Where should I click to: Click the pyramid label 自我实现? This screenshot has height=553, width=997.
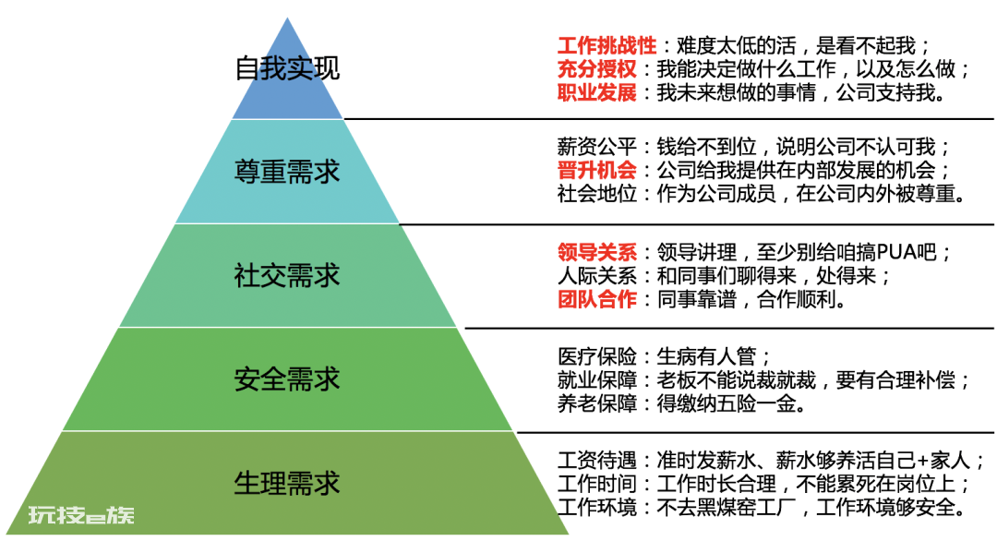287,68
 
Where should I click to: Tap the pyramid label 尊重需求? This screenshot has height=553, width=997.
287,172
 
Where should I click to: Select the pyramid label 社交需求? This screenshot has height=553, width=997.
287,276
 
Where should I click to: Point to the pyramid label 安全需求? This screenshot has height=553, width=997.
287,379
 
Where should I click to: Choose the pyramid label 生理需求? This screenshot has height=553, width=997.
287,484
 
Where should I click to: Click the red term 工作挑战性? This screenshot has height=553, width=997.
607,46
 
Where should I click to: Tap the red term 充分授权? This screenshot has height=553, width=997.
597,68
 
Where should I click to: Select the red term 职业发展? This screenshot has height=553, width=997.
597,93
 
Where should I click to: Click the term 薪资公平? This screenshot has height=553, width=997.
597,147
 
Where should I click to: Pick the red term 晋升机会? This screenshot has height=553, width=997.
597,171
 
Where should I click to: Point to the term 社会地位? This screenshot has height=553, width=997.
597,193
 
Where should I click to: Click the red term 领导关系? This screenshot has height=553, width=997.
597,252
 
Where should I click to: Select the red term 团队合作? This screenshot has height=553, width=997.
597,299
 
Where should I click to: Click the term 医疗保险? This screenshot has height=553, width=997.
597,356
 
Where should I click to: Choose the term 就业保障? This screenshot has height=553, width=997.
597,380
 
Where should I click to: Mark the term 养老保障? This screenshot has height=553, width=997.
597,403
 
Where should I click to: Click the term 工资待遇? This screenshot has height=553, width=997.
597,460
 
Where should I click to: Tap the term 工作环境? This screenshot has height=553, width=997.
597,507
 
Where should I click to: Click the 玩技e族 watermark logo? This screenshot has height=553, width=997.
81,514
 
